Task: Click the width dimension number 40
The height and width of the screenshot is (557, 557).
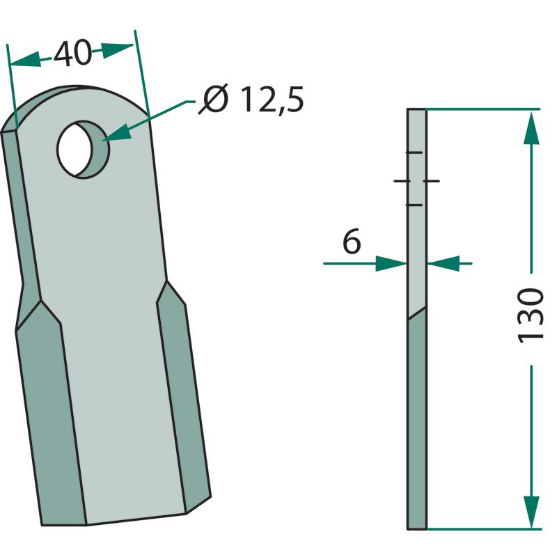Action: [73, 54]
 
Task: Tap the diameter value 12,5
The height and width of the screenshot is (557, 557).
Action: [272, 100]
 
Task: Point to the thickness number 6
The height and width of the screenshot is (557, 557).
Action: [352, 241]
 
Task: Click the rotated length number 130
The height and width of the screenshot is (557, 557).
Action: [531, 315]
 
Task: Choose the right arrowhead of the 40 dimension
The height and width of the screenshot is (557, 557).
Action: [117, 50]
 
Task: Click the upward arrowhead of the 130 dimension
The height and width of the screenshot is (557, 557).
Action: [531, 127]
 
